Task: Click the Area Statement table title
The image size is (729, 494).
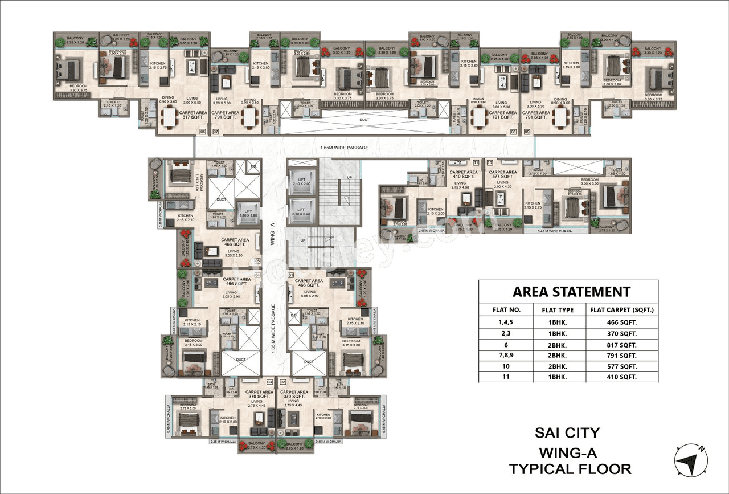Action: coord(571,292)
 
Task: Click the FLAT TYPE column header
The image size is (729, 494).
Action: coord(557,311)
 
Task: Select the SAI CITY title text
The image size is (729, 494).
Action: coord(568,433)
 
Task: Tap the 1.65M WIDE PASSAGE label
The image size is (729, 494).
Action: coord(344,148)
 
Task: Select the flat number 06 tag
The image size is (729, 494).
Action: coord(202,132)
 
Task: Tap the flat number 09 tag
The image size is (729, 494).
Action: coord(527,132)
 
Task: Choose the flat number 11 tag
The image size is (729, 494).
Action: coord(476,163)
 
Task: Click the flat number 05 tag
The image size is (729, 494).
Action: coord(257,260)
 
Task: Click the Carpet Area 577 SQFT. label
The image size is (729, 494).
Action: coord(503,175)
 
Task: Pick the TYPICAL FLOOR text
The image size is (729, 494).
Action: coord(570,469)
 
